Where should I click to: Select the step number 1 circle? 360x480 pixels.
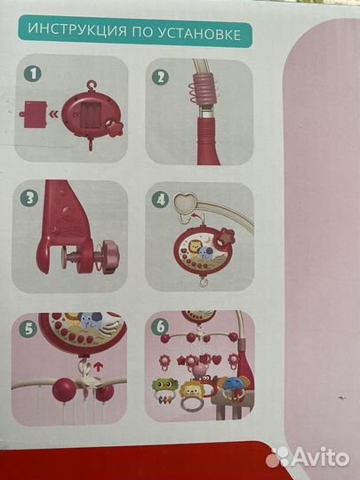[33, 74]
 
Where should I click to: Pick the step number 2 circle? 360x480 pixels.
[160, 76]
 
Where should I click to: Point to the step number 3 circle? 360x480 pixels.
[29, 197]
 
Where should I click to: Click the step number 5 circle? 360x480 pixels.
[28, 330]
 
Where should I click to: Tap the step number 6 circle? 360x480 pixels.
[160, 326]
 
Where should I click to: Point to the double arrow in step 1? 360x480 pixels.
[54, 115]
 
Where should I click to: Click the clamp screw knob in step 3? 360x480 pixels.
[110, 257]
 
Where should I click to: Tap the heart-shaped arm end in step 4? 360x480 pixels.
[185, 201]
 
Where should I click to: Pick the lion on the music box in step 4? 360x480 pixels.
[193, 246]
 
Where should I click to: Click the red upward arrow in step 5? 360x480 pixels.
[98, 366]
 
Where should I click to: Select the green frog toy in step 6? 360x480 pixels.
[164, 387]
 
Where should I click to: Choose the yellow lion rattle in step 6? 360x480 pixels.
[190, 390]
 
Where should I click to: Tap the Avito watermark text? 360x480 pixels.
[319, 458]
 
